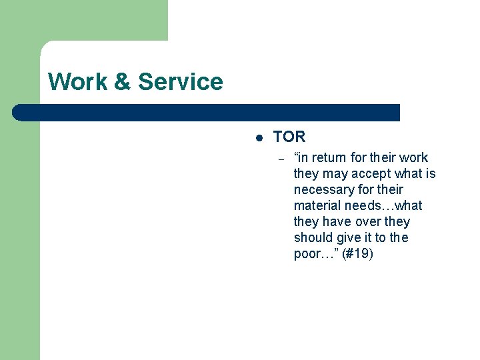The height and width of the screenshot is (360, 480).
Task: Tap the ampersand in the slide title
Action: (123, 82)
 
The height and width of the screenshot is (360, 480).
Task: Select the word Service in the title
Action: (181, 82)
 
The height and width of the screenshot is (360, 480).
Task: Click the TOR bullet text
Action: (289, 137)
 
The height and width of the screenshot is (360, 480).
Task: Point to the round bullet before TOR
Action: (258, 138)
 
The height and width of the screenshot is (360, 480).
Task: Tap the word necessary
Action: (324, 190)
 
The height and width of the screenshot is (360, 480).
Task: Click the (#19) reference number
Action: (357, 254)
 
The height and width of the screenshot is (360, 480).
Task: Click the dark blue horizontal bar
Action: (207, 113)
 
